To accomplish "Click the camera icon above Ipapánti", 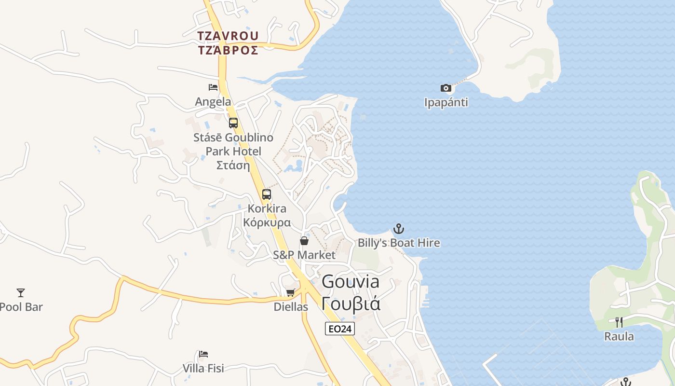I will [446, 88].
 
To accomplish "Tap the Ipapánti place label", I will [446, 102].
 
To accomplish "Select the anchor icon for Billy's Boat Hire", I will [399, 229].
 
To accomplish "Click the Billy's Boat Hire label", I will [399, 243].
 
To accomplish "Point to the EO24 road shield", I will [340, 329].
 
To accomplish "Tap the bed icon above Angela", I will [213, 87].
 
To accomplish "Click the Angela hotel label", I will [213, 102].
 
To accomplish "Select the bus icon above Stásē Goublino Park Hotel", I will [233, 123].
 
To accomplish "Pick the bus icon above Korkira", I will [267, 194].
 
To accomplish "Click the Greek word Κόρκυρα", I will [267, 223].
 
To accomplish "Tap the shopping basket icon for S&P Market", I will [304, 241].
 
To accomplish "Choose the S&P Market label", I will [304, 255].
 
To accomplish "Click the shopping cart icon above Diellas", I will [291, 293].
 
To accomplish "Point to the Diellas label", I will [291, 307].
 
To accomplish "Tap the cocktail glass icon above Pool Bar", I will [21, 292].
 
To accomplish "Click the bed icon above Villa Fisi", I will [203, 354].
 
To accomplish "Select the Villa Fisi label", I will [203, 369].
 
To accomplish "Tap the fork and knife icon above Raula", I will [619, 322].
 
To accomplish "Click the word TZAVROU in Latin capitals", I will [228, 36].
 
